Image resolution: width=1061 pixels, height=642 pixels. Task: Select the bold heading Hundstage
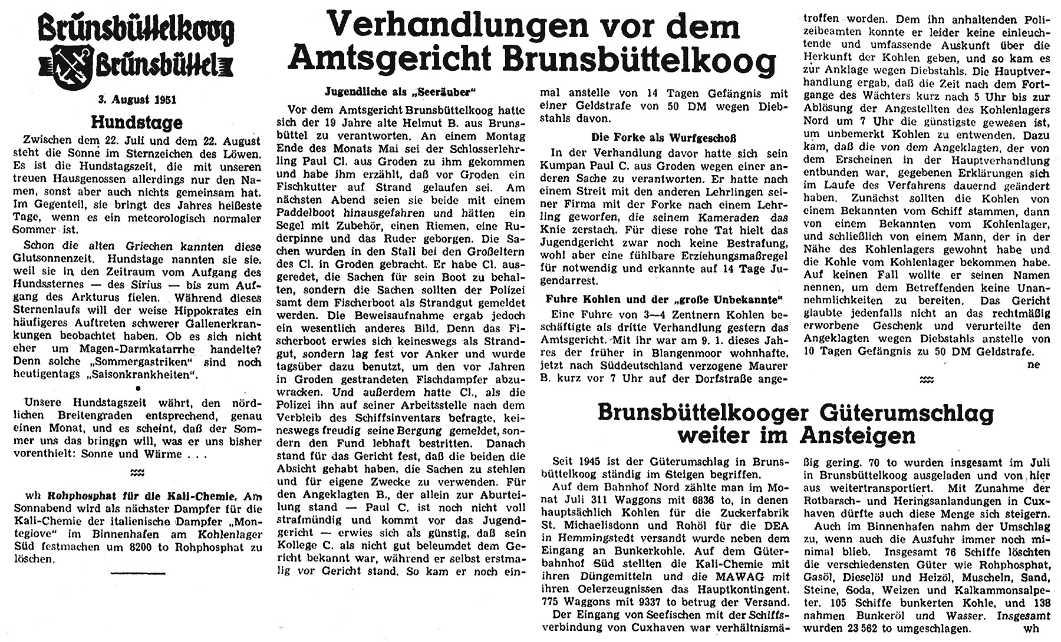(136, 123)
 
